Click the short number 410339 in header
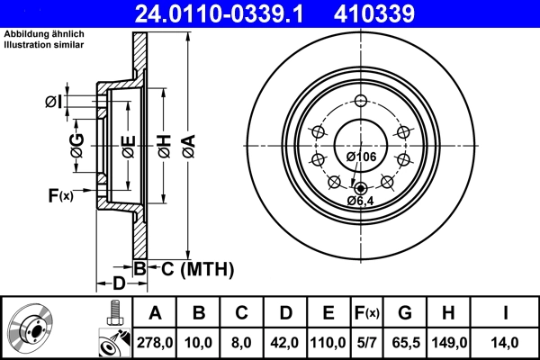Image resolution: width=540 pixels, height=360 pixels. point(402,13)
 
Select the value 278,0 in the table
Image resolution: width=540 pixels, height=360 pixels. point(154,341)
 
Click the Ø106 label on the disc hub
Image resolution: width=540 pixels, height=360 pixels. point(360,157)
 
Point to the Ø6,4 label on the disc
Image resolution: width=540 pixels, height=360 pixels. point(362,201)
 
